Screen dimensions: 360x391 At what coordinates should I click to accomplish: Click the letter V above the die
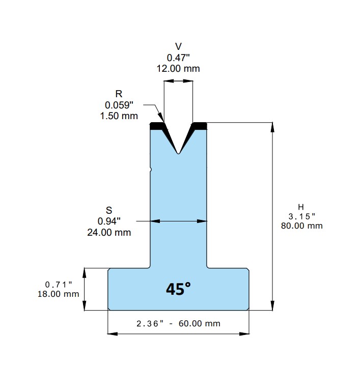178,46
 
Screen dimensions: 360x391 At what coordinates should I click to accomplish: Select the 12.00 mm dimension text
178,68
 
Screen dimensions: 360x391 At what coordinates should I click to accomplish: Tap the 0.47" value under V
178,58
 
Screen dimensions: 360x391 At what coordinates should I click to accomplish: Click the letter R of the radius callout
119,94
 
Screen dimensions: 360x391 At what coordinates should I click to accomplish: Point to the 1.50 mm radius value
119,116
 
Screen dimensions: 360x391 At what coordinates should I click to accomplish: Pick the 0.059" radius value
119,105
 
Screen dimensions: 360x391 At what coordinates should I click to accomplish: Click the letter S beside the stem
109,210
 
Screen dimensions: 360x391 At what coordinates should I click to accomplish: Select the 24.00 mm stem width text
109,232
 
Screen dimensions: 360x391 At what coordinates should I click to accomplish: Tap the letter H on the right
301,207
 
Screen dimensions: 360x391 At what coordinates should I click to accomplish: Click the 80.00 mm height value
301,226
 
